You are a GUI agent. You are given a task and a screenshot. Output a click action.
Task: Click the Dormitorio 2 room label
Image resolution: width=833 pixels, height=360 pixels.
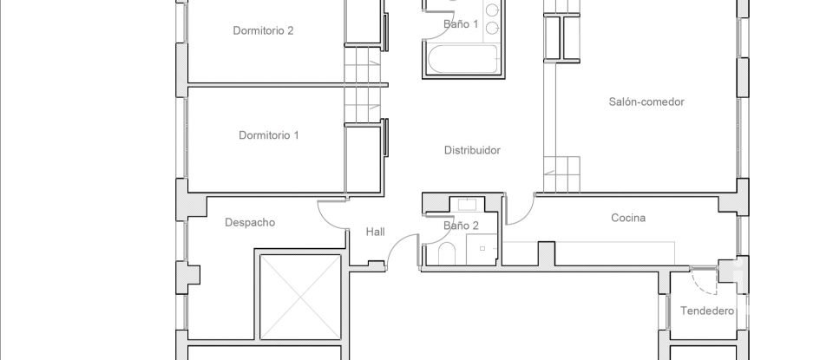click(263, 30)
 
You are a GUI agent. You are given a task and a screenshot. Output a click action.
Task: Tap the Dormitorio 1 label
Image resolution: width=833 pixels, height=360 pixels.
click(269, 135)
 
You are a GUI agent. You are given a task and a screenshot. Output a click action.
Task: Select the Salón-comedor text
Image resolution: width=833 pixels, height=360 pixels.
click(646, 101)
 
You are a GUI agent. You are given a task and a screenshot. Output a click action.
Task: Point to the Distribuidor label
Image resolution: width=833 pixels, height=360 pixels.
click(472, 150)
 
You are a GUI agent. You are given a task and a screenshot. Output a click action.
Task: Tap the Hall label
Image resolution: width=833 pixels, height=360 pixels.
click(375, 232)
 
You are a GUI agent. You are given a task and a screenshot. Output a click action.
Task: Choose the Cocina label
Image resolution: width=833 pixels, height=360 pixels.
click(628, 219)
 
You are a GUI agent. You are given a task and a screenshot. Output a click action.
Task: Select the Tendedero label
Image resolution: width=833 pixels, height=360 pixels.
click(707, 311)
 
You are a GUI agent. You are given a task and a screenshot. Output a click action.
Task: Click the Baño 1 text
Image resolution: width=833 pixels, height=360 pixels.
click(461, 24)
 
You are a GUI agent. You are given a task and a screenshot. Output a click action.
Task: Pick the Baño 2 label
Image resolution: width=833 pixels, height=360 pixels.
click(461, 226)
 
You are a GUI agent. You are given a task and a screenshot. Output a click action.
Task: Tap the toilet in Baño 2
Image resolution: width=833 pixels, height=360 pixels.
click(448, 254)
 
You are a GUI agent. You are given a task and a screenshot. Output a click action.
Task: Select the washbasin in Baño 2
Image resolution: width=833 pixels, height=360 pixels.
click(468, 205)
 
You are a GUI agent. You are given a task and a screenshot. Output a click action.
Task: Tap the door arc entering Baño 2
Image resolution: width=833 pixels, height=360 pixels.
click(430, 228)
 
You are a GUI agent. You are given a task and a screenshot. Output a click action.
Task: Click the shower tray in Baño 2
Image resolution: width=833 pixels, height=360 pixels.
click(484, 250)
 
